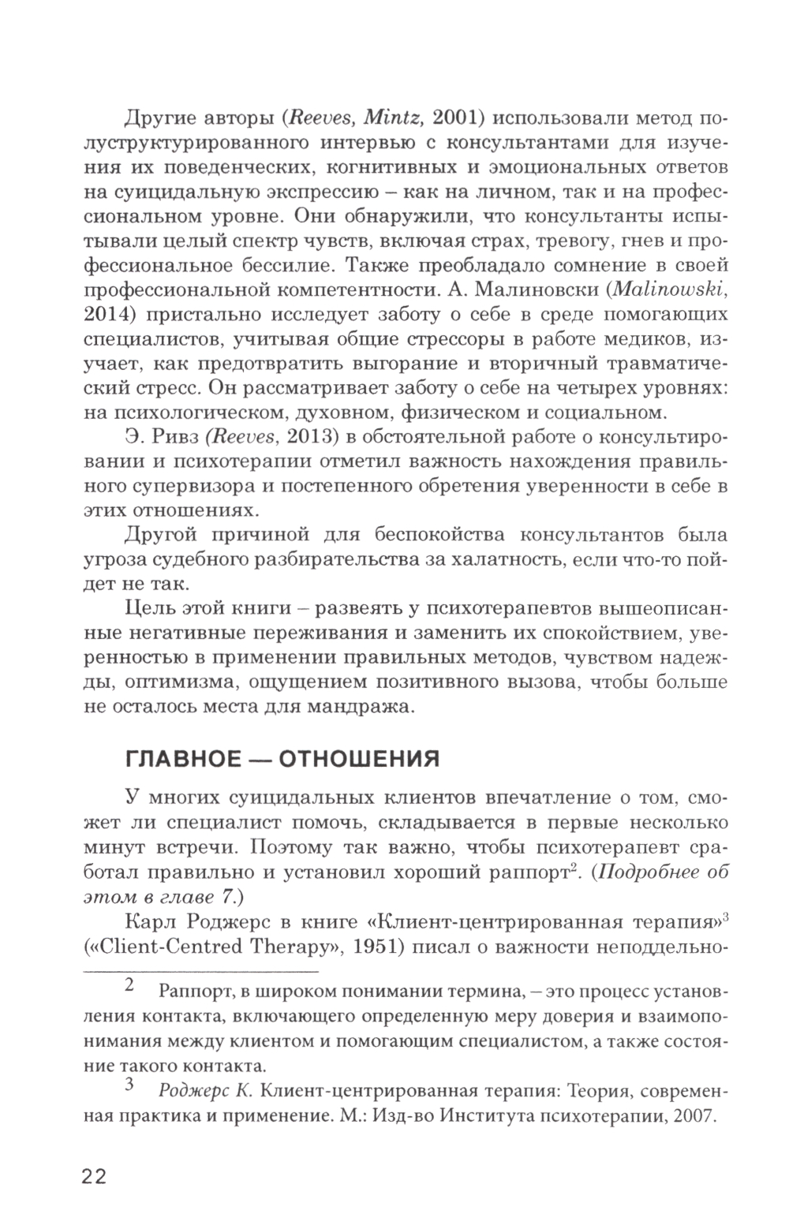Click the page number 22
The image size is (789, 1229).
tap(94, 1176)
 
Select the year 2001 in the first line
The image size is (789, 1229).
tap(458, 118)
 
